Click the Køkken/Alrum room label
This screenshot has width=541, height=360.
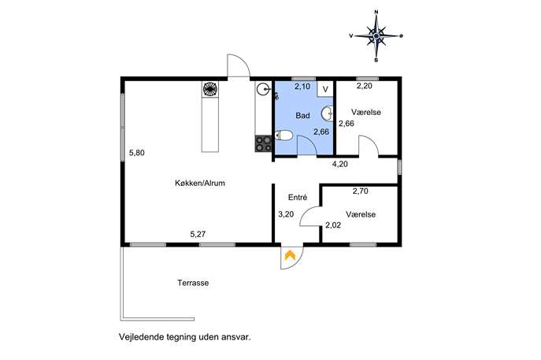tap(200, 184)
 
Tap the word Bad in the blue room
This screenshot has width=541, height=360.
tap(302, 116)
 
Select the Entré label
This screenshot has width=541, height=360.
tap(298, 197)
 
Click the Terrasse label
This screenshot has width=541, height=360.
tap(193, 283)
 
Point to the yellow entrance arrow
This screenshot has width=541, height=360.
tap(290, 255)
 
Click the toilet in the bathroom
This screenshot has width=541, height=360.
tap(284, 135)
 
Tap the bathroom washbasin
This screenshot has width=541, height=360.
tap(327, 113)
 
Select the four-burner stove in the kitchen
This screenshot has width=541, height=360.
tap(263, 144)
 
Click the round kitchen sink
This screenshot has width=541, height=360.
tap(262, 90)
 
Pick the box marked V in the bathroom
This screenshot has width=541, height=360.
tap(325, 89)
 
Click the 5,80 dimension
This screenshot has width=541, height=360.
tap(137, 153)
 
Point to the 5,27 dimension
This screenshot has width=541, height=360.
tap(198, 235)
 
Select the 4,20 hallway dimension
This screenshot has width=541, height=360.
tap(340, 165)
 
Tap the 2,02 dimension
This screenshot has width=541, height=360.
tap(333, 225)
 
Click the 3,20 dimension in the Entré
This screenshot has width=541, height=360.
tap(286, 214)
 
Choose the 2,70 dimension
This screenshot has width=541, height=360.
tap(360, 191)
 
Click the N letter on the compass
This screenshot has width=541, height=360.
tap(376, 12)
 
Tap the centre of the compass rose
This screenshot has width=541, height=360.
tap(376, 35)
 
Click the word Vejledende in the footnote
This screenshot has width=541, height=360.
tap(140, 337)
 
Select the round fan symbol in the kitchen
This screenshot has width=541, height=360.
tap(210, 89)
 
